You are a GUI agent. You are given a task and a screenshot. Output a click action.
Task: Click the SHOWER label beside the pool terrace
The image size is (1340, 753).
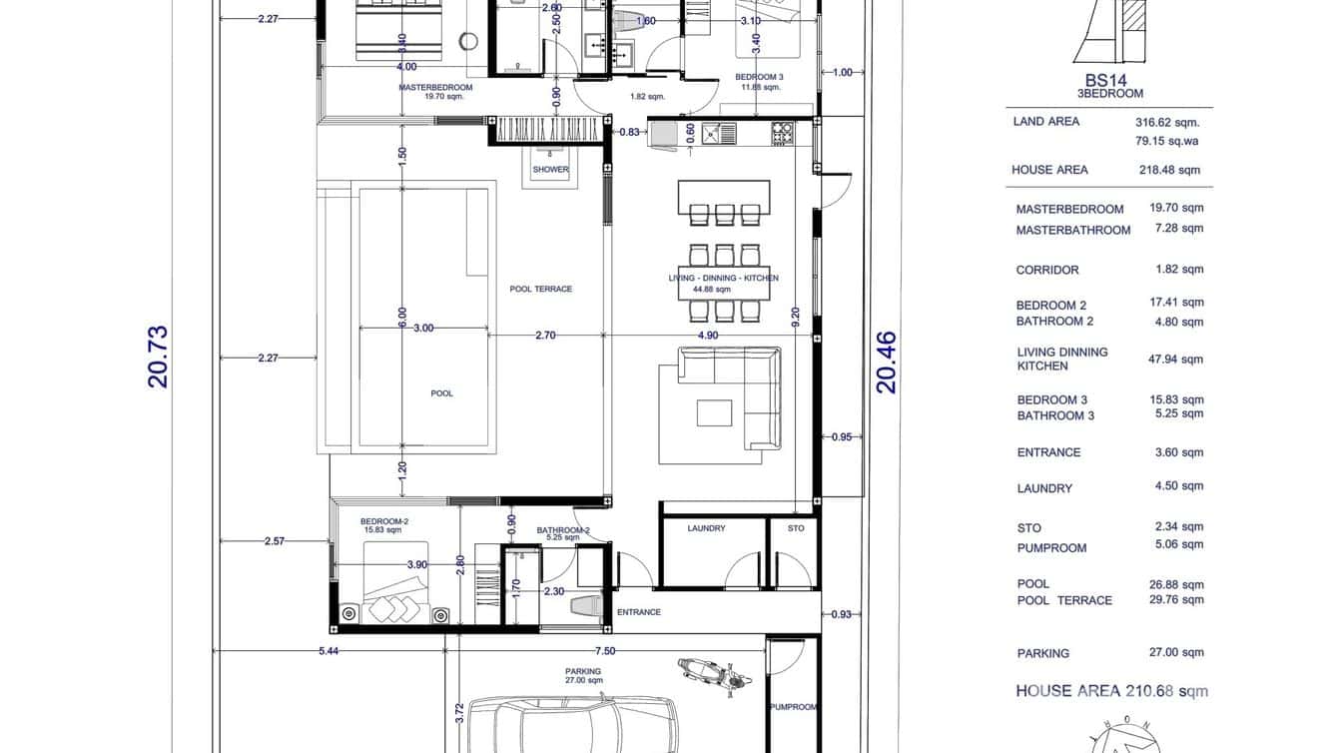tap(550, 170)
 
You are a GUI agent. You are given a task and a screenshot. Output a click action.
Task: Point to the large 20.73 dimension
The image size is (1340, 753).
tap(158, 357)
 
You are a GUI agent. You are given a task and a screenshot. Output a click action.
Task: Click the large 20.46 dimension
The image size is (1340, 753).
tap(887, 363)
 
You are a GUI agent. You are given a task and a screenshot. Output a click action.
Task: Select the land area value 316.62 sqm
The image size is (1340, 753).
tap(1167, 123)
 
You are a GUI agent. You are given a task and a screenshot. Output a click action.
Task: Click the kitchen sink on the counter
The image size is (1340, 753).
tap(719, 133)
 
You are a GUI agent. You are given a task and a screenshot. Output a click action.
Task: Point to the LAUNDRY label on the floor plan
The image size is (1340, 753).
tap(706, 528)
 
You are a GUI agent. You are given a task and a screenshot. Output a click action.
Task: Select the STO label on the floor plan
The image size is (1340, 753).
tap(795, 528)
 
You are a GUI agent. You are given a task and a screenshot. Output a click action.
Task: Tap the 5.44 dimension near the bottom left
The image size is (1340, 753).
tap(328, 651)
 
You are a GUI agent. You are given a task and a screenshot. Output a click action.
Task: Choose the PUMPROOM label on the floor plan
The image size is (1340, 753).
tap(793, 707)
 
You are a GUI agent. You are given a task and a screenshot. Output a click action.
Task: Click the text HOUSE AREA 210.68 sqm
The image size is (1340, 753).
tap(1111, 691)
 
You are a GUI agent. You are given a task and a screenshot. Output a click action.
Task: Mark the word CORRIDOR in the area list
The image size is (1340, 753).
tap(1047, 270)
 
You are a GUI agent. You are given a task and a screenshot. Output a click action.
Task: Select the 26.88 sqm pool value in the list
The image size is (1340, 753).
tap(1176, 585)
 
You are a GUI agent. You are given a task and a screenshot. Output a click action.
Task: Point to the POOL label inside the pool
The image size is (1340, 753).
tap(441, 393)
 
